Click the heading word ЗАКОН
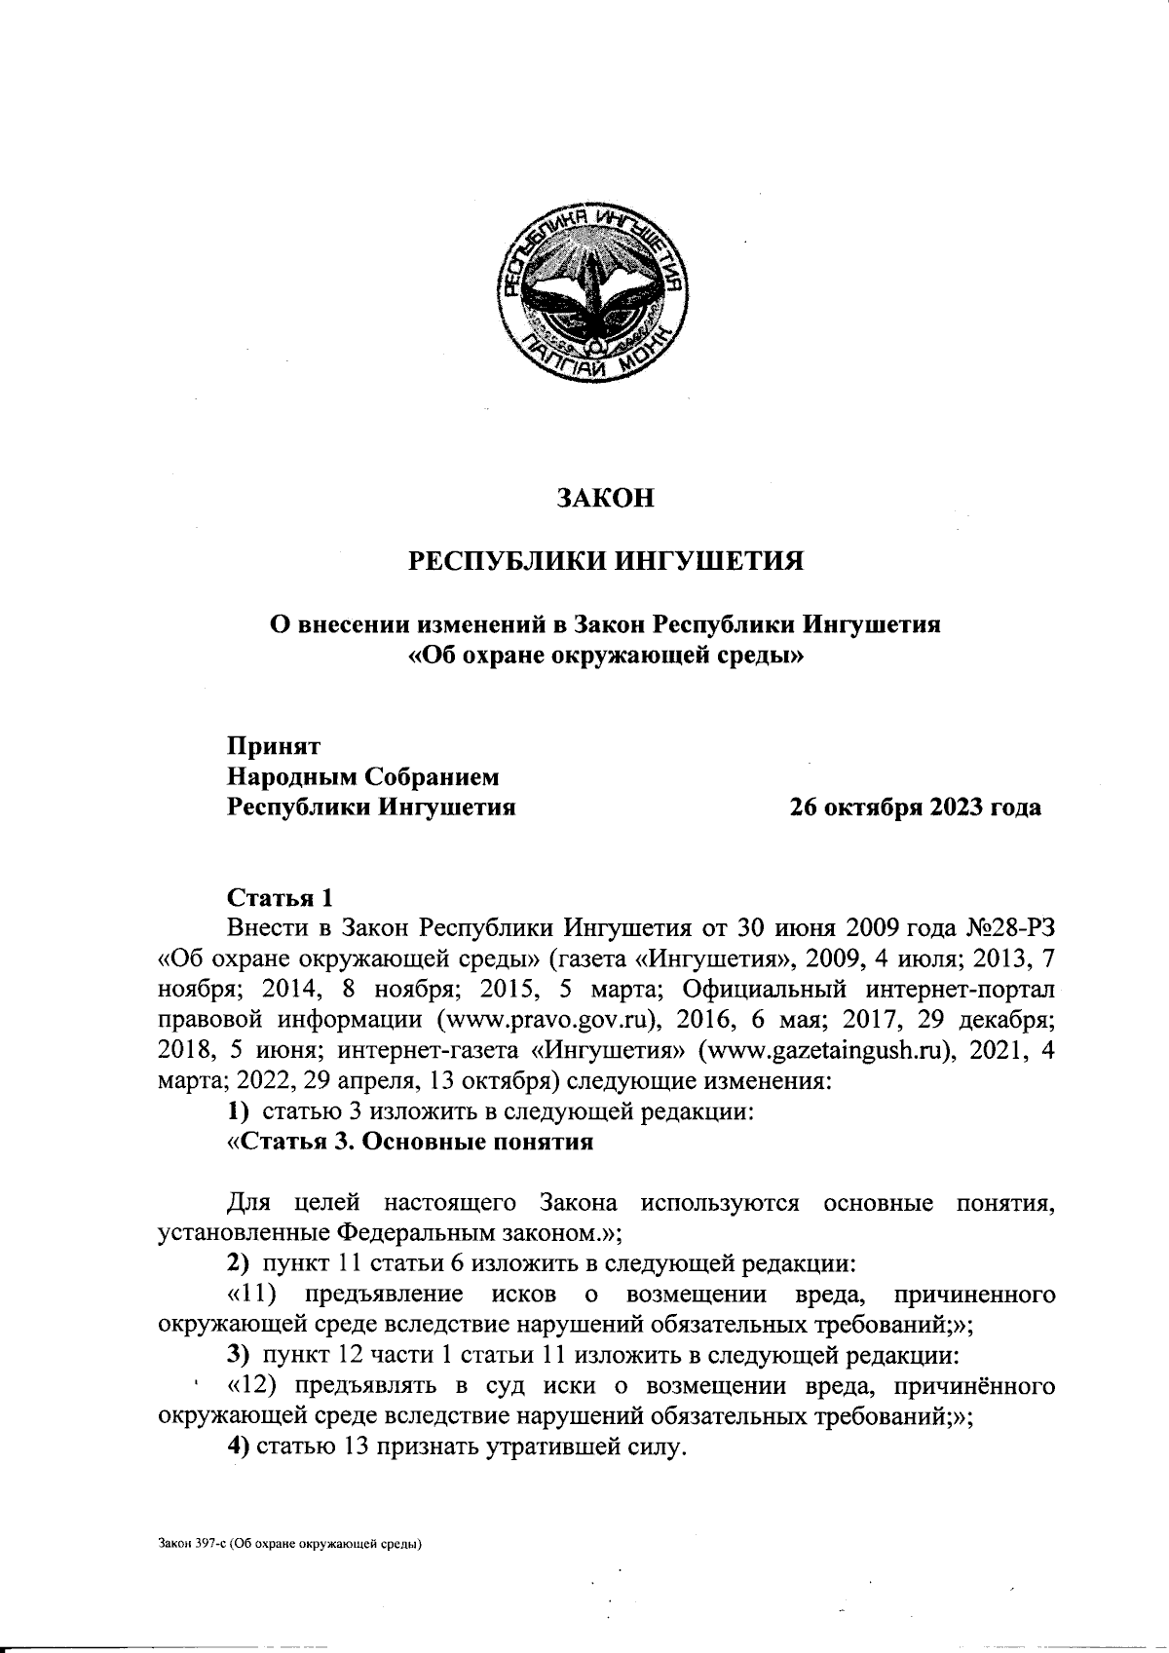click(604, 498)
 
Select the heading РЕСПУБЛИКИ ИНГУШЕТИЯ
click(604, 561)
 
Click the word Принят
click(274, 746)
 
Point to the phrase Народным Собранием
click(362, 776)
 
